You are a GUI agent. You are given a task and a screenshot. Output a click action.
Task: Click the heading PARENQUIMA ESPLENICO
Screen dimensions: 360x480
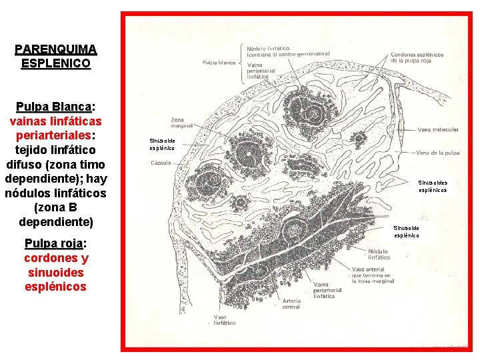coord(56,57)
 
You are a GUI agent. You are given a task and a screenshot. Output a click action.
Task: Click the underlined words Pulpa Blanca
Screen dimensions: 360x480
coord(54,107)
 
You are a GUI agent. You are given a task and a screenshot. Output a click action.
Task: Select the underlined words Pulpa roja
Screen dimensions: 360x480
coord(53,243)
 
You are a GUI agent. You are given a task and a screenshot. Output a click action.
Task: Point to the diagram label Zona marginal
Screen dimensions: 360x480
coord(181,122)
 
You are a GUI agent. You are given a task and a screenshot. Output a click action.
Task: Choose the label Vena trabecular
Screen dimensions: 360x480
coord(438,129)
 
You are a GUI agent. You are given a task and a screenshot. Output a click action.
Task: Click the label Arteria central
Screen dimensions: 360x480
coord(291,304)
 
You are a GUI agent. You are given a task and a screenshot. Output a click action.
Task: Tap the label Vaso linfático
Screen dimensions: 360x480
coord(224,320)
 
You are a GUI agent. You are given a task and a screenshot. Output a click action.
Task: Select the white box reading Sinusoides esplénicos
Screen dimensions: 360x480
coord(433,185)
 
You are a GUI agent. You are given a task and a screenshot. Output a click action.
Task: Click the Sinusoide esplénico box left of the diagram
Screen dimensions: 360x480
coord(162,145)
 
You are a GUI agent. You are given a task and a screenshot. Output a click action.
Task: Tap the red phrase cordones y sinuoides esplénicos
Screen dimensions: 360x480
coord(57,272)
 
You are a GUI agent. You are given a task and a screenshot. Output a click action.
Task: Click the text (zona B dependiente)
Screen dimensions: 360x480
coord(56,214)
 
